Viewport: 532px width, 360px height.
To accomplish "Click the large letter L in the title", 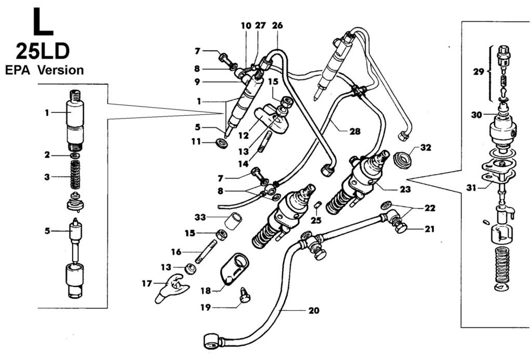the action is (x=43, y=22).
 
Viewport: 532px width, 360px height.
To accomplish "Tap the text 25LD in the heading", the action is (x=43, y=52).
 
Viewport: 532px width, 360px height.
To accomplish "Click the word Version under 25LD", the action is (x=60, y=70).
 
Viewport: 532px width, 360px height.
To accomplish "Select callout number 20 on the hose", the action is (x=314, y=310).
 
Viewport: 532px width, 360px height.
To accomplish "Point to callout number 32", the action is (x=425, y=148).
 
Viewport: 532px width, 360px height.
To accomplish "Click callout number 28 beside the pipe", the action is (x=354, y=131).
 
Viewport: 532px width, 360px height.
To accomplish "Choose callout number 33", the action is (x=200, y=217).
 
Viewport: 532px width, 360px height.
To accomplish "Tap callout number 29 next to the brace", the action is (x=478, y=72).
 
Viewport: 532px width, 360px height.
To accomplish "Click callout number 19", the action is (x=206, y=308).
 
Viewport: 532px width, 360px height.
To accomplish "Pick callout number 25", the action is (x=316, y=221).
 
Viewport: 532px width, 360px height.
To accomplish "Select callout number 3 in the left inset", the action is (x=47, y=177).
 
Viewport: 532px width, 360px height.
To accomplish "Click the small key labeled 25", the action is (x=318, y=205).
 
